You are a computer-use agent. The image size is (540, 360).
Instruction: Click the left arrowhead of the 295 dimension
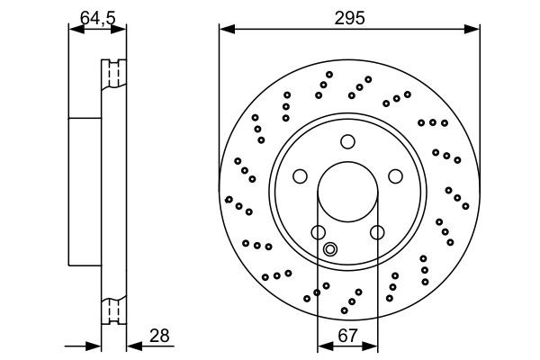pyautogui.click(x=225, y=31)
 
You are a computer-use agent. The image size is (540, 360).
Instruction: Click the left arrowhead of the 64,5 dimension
pyautogui.click(x=75, y=31)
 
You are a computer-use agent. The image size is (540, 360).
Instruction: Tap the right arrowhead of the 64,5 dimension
pyautogui.click(x=121, y=31)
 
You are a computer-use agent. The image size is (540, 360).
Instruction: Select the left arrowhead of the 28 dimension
pyautogui.click(x=94, y=345)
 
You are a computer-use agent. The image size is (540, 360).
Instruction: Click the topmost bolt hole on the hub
pyautogui.click(x=347, y=141)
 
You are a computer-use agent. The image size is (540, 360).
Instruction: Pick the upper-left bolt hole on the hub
pyautogui.click(x=301, y=175)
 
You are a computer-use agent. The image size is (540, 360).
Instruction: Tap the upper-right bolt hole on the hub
pyautogui.click(x=393, y=175)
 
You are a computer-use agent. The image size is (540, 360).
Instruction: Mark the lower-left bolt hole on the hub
pyautogui.click(x=318, y=232)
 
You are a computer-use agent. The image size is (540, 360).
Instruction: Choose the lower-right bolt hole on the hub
pyautogui.click(x=376, y=232)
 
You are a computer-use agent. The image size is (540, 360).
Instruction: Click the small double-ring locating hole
pyautogui.click(x=329, y=249)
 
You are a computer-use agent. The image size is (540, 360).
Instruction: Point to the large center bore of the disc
pyautogui.click(x=347, y=192)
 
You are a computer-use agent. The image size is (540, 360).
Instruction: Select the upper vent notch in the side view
pyautogui.click(x=114, y=73)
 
